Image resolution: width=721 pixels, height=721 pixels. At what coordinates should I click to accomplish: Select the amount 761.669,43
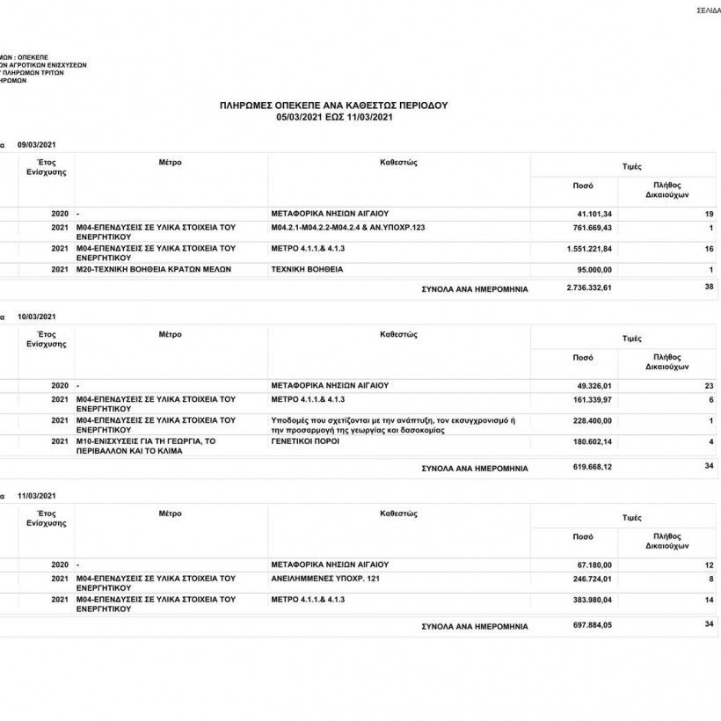591,229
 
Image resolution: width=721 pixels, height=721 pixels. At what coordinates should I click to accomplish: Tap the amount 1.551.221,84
587,249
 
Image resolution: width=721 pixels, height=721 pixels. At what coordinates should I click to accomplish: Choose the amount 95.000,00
594,269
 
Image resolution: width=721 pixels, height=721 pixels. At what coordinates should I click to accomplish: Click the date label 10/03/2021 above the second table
36,316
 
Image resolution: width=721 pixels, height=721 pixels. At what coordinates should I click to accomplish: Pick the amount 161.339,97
591,400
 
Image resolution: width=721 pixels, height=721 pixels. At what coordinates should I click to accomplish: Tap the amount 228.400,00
591,420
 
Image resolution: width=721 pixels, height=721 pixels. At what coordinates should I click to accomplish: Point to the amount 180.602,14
591,441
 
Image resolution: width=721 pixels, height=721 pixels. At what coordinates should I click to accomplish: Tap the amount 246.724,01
591,579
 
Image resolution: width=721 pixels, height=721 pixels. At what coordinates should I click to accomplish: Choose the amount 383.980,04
591,600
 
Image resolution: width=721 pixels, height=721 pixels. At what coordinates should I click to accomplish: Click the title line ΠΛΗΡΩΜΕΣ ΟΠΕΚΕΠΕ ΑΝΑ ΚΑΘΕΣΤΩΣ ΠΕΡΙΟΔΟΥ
333,105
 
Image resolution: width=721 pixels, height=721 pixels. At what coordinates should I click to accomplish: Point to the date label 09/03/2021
36,144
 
